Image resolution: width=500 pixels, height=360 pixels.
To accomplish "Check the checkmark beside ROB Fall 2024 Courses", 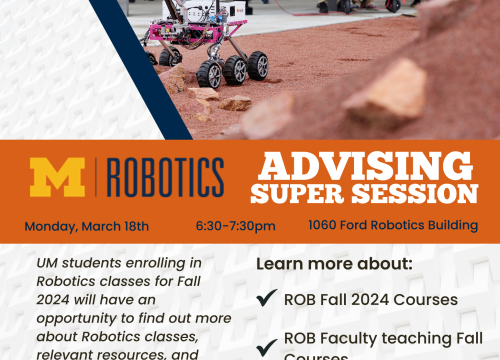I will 266,299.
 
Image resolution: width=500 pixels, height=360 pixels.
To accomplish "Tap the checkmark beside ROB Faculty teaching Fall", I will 266,348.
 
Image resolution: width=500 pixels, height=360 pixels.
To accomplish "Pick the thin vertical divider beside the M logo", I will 97,177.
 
